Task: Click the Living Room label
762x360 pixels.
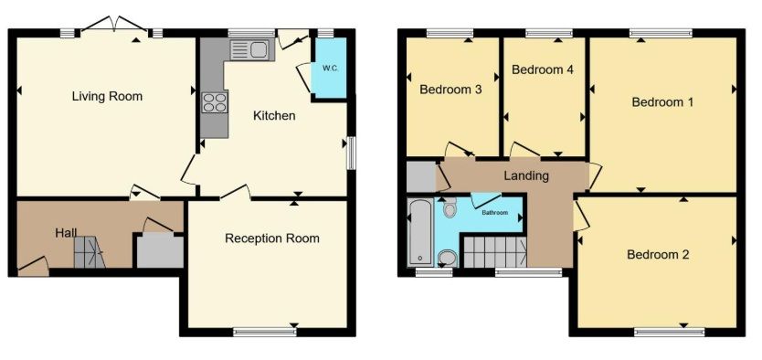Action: pos(107,96)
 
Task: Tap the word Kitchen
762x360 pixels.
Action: pos(274,116)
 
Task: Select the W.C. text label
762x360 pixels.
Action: pos(330,68)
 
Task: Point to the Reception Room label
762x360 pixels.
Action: pos(272,238)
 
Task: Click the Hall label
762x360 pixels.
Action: pos(66,233)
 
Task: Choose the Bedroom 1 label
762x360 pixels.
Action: pos(662,102)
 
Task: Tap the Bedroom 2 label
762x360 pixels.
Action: pos(658,255)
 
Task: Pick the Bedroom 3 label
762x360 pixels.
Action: pos(450,90)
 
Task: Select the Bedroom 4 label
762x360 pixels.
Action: pos(543,69)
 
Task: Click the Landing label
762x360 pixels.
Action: pos(526,175)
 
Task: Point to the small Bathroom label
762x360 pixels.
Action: pos(494,213)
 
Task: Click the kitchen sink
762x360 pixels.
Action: pos(249,49)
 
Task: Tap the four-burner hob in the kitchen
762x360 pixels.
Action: pos(215,102)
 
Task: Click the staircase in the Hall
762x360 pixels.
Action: pos(89,252)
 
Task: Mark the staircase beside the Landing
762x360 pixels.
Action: pos(494,251)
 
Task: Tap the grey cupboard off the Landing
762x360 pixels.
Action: pos(421,176)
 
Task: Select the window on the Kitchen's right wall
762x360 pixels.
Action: pos(350,153)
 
